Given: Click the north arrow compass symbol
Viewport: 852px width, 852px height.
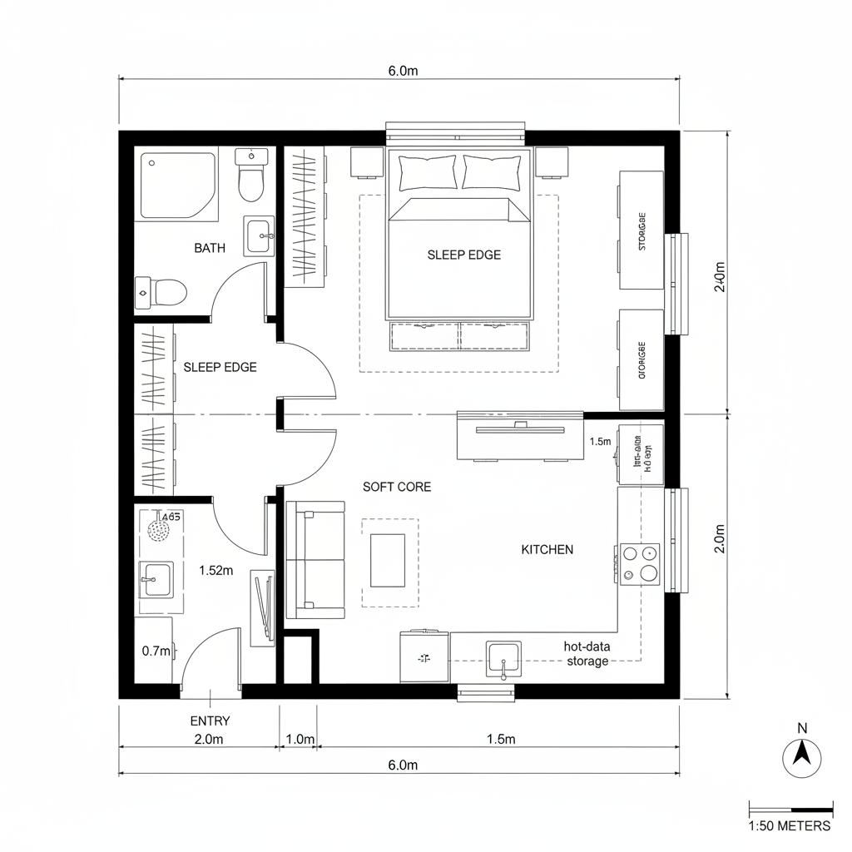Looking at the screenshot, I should pos(802,757).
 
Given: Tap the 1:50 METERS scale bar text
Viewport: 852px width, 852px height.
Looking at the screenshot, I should pos(790,825).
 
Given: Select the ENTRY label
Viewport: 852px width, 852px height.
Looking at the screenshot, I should pos(210,721).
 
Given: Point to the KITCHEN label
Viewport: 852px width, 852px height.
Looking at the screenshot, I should pos(547,549).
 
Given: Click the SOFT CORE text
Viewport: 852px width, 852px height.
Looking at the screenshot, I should pos(397,487).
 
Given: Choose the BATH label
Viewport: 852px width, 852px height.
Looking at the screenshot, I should pos(209,248).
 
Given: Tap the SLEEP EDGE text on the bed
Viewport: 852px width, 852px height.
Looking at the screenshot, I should pos(463,255).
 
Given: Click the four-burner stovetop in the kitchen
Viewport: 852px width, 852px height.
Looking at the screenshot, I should pos(639,563).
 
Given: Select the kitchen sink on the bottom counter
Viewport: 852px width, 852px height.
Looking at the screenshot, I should pos(503,660).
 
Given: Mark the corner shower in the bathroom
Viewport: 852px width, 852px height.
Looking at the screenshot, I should pos(177,185).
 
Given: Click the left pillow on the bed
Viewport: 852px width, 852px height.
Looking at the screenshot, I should pos(428,172).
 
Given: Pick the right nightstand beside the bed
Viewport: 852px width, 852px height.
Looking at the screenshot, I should pos(551,162).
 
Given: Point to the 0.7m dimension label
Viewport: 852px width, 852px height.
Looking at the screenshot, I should pos(156,651).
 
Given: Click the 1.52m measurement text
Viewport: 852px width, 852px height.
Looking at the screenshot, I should pos(215,570).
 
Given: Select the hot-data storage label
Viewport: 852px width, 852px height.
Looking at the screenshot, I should pos(587,653).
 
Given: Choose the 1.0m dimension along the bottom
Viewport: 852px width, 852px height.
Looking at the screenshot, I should pos(300,739).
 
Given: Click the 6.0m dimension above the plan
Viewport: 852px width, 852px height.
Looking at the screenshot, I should pos(403,71).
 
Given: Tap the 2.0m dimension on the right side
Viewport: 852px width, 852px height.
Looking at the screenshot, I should pos(720,537).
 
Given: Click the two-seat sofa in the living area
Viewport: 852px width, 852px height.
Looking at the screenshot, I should pos(315,560).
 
